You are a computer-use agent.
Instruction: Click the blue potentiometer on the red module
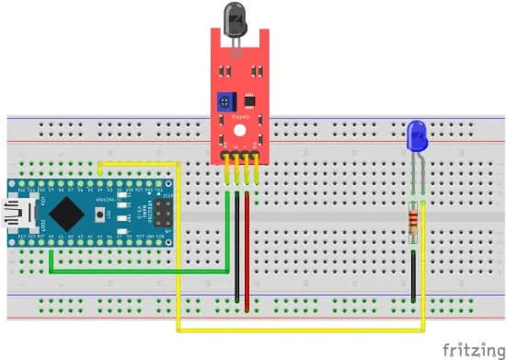[x=224, y=100]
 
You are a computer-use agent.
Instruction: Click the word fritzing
[x=471, y=349]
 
